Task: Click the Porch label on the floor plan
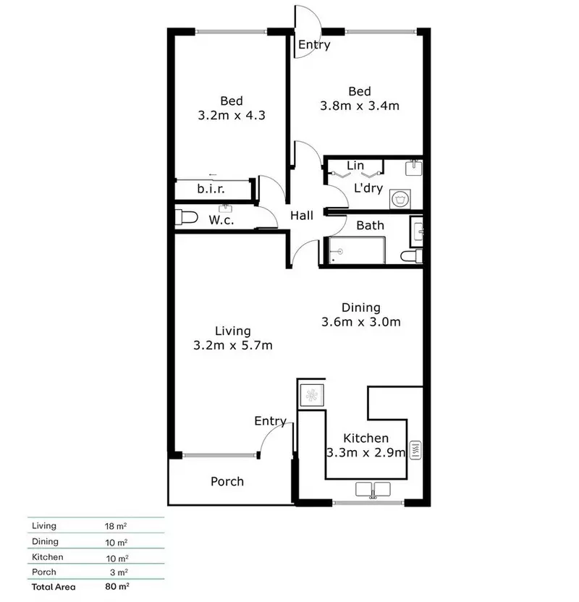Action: pos(227,481)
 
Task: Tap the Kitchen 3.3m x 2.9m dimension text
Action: pos(365,454)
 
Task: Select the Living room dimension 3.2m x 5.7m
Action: pos(232,345)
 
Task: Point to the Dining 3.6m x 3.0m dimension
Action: pos(361,322)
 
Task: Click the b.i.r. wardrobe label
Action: pos(211,189)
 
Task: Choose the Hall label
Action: pos(302,216)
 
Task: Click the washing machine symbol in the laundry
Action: pos(397,198)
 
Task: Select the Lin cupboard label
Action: pos(355,166)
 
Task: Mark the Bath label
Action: pos(370,226)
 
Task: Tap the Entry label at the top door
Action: pos(314,45)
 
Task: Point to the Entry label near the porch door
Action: pos(270,421)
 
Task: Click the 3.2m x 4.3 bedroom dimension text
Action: pos(232,114)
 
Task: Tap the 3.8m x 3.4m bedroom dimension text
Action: pos(360,106)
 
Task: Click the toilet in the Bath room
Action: pos(410,257)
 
